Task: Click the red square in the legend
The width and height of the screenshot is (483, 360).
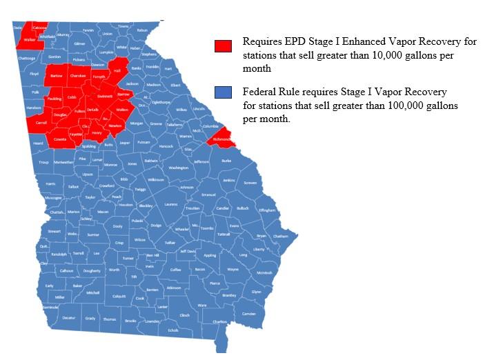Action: tap(222, 46)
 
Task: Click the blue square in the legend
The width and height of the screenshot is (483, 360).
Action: tap(222, 92)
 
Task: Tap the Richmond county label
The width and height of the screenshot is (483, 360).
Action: tap(222, 139)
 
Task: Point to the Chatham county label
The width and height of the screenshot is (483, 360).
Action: tap(281, 236)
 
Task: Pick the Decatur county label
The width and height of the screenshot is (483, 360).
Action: tap(68, 318)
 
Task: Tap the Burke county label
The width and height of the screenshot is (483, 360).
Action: tap(226, 160)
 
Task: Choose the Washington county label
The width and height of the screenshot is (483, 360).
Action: tap(178, 168)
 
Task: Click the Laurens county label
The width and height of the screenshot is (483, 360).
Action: tap(171, 204)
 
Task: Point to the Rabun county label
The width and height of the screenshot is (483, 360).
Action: tap(143, 30)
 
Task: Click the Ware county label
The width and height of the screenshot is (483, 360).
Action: tap(202, 305)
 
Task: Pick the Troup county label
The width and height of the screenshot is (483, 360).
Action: tap(43, 163)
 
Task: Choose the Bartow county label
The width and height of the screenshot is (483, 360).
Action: tap(57, 75)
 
